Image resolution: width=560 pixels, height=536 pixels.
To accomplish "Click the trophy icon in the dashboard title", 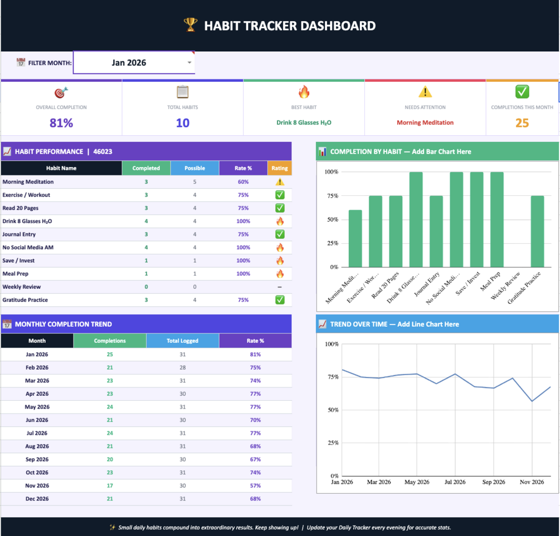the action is click(x=191, y=24).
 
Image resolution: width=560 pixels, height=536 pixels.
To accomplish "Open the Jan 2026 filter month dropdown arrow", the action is click(x=189, y=62).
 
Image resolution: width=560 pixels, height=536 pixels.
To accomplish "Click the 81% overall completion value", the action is click(x=61, y=123).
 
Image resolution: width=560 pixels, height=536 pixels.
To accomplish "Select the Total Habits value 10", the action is click(x=183, y=123).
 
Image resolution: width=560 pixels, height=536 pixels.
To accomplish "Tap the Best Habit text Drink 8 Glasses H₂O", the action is click(x=304, y=122).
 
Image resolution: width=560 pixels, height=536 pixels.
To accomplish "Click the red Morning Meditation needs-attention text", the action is click(x=425, y=122).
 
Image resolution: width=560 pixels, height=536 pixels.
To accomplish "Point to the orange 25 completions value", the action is click(x=522, y=123).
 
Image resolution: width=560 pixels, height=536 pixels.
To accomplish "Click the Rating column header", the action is click(x=280, y=168).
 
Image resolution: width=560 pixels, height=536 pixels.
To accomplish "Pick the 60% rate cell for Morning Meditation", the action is click(x=243, y=181).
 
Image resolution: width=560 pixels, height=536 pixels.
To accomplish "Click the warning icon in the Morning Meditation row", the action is click(x=280, y=181).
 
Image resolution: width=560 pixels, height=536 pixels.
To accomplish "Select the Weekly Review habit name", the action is click(x=21, y=287).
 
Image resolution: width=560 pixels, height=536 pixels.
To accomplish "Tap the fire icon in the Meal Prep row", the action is click(x=280, y=274).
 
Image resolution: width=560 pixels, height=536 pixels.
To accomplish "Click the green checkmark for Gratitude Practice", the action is click(x=280, y=300).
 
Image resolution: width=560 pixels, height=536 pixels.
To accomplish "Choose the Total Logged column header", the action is click(x=183, y=341).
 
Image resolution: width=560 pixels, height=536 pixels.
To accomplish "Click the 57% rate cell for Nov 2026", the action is click(x=255, y=486).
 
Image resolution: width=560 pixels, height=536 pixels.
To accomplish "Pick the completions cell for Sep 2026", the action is click(x=110, y=459).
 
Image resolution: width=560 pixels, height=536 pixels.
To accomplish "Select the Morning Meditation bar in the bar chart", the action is click(x=355, y=238).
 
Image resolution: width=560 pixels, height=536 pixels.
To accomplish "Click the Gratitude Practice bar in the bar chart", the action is click(x=537, y=231).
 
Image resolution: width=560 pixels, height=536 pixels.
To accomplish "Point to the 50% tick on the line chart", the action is click(x=333, y=410).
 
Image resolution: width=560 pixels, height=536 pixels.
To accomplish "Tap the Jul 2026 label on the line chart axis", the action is click(x=455, y=482).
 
